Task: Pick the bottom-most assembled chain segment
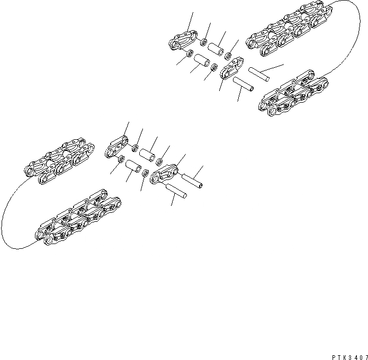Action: [x=77, y=219]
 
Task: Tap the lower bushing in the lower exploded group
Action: [x=132, y=169]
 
